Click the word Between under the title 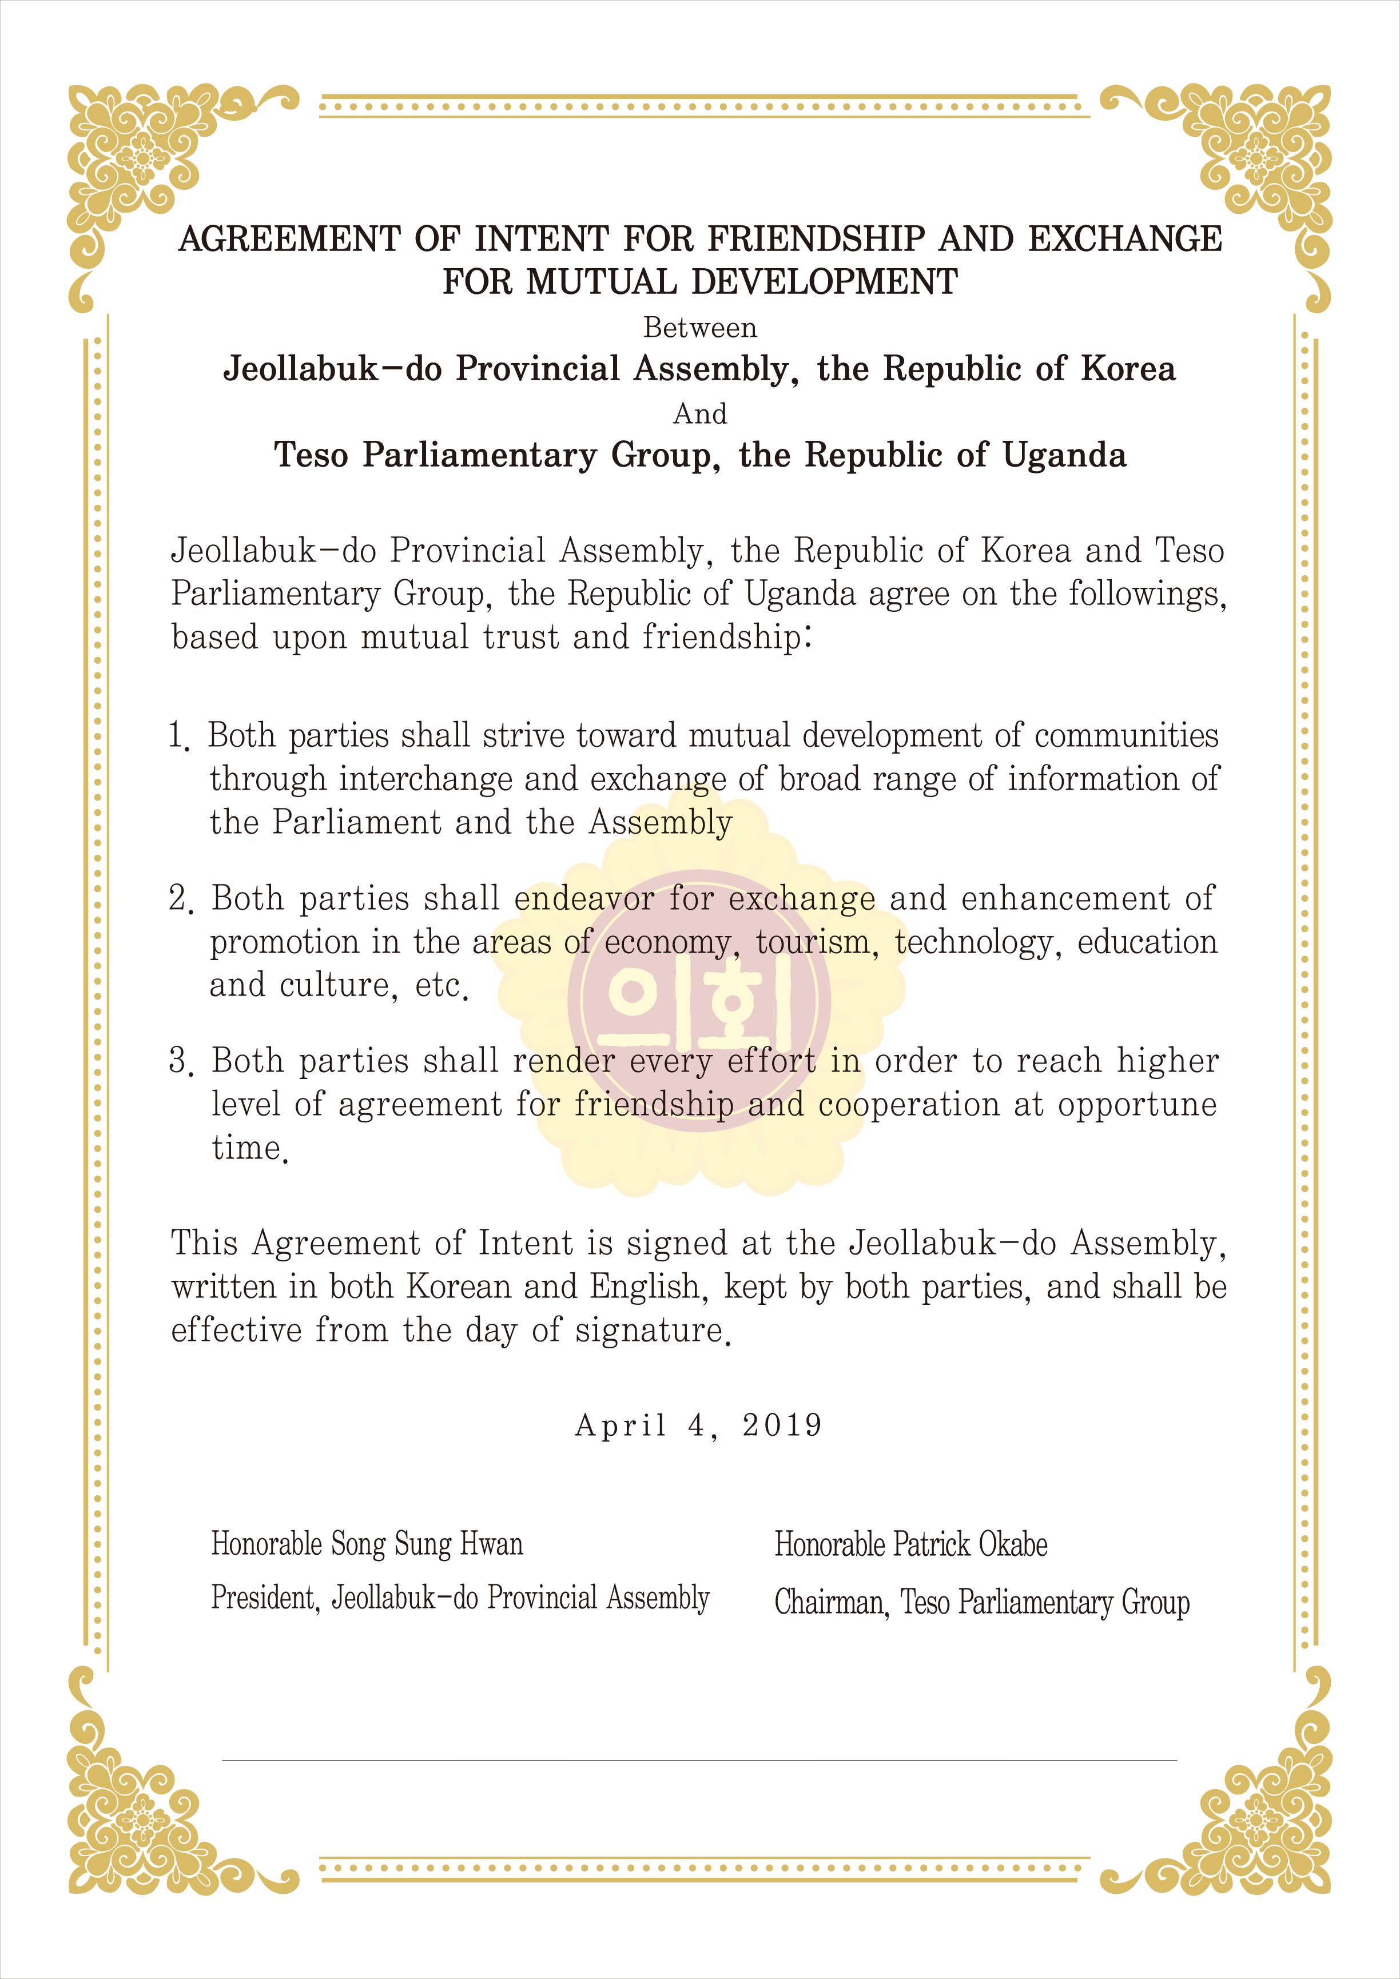click(x=700, y=328)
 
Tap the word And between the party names click(x=700, y=414)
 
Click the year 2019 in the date click(x=782, y=1425)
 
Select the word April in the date click(x=621, y=1425)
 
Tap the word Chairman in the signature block click(x=831, y=1602)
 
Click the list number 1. click(x=178, y=736)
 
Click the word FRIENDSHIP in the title click(x=816, y=239)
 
